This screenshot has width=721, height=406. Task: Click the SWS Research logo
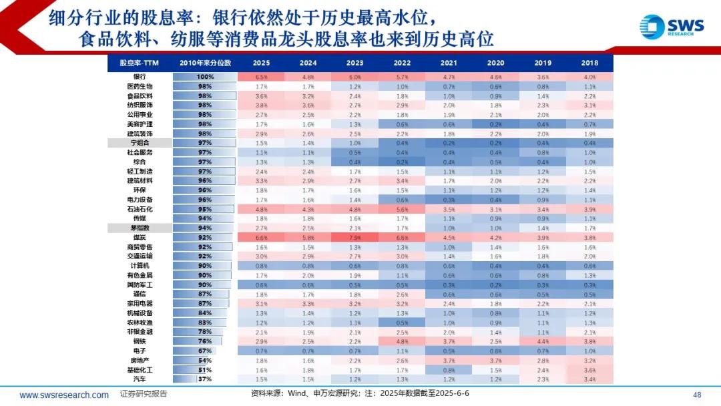pyautogui.click(x=671, y=27)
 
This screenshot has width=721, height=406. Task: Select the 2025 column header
pyautogui.click(x=261, y=63)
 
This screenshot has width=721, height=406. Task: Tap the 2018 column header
pyautogui.click(x=589, y=63)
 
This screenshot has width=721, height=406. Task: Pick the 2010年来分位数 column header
pyautogui.click(x=205, y=63)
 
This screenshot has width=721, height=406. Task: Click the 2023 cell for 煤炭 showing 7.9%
pyautogui.click(x=355, y=237)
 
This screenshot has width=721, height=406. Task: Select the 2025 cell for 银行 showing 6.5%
pyautogui.click(x=261, y=77)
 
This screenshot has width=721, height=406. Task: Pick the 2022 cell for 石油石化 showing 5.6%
pyautogui.click(x=402, y=209)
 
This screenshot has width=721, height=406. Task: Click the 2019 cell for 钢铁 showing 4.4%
pyautogui.click(x=543, y=341)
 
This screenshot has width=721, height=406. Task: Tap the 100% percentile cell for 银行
pyautogui.click(x=205, y=77)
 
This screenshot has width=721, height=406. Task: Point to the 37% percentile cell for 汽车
pyautogui.click(x=205, y=379)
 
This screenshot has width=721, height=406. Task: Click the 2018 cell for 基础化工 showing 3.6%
pyautogui.click(x=589, y=369)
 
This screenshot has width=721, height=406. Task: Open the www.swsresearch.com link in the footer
pyautogui.click(x=64, y=395)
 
